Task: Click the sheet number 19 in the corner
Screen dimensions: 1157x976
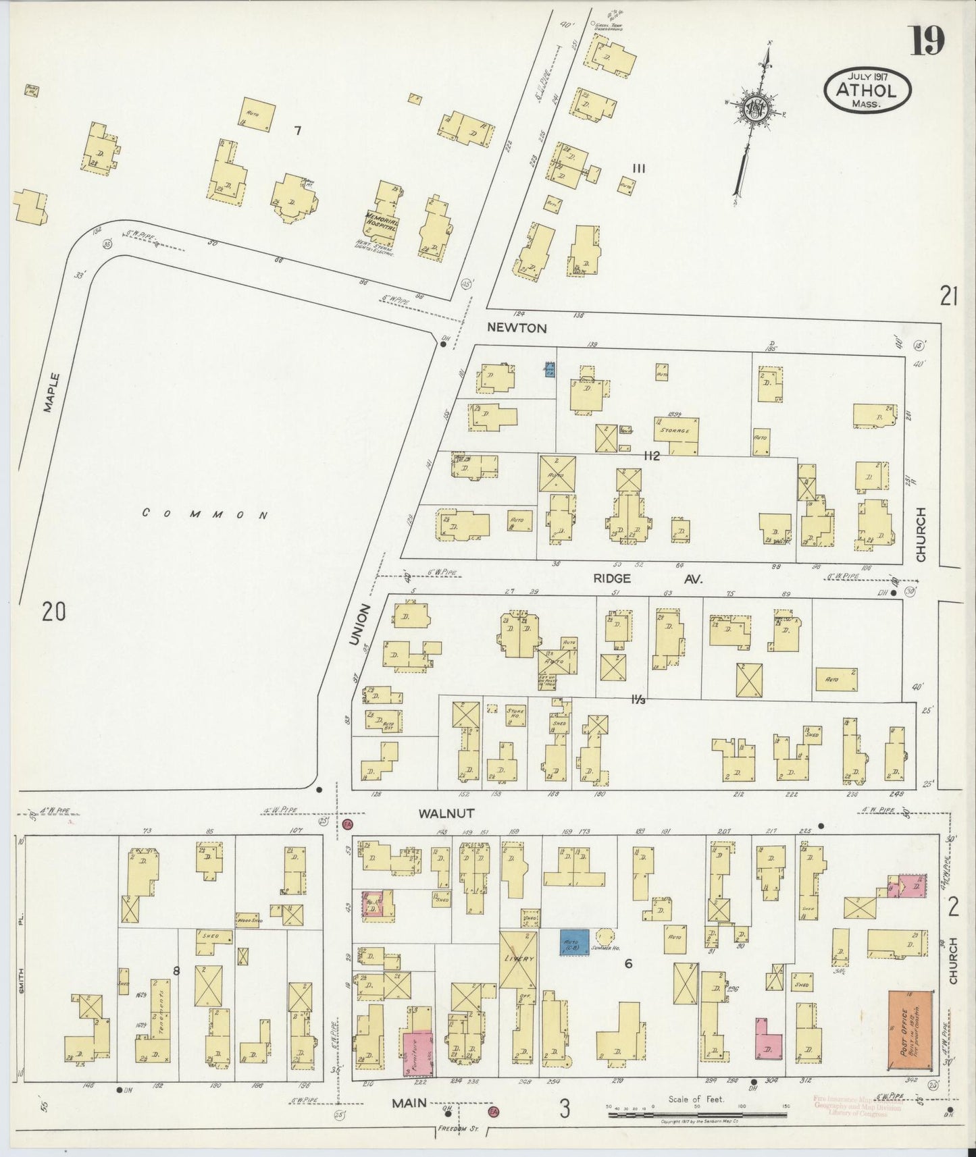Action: tap(927, 41)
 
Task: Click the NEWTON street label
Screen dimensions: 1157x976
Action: tap(518, 329)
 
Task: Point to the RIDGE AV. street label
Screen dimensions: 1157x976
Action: tap(647, 578)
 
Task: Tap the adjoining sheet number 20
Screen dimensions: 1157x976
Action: tap(54, 612)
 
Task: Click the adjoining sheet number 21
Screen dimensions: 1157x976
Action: tap(948, 296)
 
